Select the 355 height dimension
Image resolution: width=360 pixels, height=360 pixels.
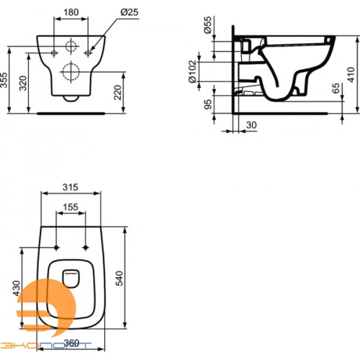pos(6,79)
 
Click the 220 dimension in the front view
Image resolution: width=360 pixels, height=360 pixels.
pos(117,92)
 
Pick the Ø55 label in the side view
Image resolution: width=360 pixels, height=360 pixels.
pos(207,27)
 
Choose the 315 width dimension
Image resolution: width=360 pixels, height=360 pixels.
pos(71,187)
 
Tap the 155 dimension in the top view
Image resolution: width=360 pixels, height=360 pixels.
pos(71,207)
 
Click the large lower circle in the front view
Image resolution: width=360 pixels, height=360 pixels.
pos(71,71)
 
